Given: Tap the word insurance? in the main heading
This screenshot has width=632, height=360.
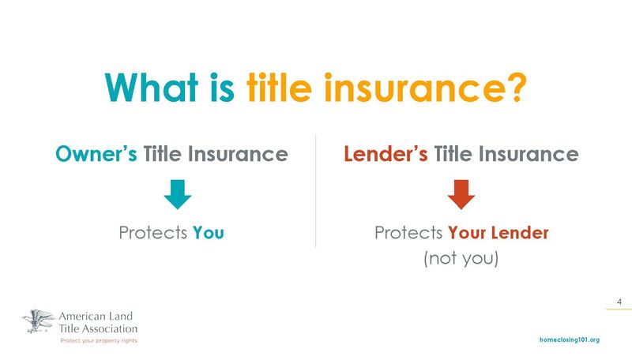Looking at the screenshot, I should coord(427,88).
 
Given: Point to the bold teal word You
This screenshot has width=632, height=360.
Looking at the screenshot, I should coord(209,234).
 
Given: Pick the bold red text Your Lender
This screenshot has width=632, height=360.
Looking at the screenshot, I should coord(498,234).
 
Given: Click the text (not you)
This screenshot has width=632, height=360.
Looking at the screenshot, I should coord(461,258).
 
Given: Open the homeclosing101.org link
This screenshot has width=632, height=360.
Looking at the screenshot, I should coord(569,339).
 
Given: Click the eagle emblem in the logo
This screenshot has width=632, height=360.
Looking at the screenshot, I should coord(39,321).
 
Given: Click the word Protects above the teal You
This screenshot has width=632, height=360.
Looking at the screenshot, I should coord(152,234).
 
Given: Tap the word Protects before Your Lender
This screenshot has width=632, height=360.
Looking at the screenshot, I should coord(408,234).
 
